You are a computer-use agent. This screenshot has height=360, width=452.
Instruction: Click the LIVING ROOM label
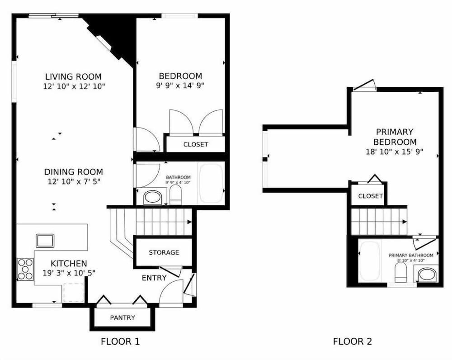74,77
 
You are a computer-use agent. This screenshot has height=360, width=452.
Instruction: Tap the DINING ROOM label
74,172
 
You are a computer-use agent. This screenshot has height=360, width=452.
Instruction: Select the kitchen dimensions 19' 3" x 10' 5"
69,273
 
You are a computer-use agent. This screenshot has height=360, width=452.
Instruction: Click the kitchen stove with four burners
25,270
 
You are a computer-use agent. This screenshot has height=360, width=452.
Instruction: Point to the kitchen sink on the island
45,241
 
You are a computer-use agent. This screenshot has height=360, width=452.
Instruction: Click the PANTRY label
122,318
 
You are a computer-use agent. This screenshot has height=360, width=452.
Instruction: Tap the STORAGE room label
164,253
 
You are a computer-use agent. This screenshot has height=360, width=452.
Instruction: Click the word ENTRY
154,278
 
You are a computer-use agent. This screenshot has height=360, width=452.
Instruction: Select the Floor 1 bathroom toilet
175,194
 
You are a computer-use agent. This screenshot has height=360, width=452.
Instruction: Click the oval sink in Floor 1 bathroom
153,198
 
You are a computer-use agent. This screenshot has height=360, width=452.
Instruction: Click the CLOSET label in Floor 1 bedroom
196,145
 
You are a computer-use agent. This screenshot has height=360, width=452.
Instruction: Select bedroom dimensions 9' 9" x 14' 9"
180,85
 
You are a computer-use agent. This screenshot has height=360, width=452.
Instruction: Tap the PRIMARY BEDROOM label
395,137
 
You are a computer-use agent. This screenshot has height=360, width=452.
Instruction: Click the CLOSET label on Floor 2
371,196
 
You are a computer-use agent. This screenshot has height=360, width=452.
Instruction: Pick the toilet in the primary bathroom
400,274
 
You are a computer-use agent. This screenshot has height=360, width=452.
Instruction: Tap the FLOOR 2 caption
353,341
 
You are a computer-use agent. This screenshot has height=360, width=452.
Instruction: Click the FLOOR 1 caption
120,341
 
